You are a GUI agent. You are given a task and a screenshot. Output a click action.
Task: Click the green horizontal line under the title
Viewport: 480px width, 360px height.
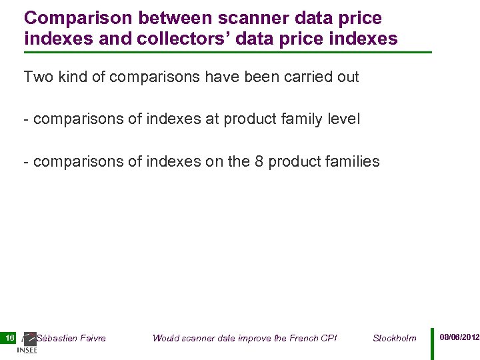(x=227, y=52)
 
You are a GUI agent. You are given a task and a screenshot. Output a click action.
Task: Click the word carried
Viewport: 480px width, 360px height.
(x=308, y=77)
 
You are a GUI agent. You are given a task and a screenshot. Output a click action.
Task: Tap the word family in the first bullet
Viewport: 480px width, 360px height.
(x=292, y=119)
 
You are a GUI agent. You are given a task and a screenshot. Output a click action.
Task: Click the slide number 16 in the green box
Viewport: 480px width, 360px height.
(x=10, y=338)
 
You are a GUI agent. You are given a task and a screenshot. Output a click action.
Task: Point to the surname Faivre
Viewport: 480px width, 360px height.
(x=93, y=338)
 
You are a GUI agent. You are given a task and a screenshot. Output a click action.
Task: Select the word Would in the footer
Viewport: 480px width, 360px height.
(x=165, y=338)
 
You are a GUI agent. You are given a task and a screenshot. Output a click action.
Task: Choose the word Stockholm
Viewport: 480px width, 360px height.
(x=395, y=338)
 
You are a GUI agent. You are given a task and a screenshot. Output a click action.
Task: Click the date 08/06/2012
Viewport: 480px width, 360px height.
(x=459, y=338)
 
